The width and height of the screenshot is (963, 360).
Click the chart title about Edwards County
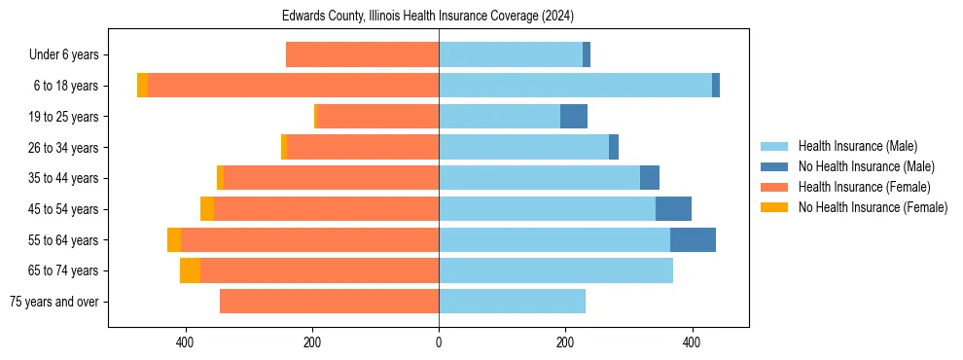tap(428, 17)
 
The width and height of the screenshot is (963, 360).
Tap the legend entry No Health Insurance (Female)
tap(873, 207)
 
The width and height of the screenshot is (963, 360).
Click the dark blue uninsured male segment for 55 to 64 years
tap(693, 239)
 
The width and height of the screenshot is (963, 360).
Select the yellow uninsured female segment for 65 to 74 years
tap(190, 270)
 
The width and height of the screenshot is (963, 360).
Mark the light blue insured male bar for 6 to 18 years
tap(575, 86)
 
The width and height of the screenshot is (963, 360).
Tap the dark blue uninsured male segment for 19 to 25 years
tap(573, 117)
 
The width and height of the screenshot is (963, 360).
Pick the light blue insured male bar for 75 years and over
tap(512, 302)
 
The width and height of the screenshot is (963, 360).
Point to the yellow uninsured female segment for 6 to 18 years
tap(142, 86)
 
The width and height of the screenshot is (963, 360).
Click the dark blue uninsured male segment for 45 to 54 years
tap(673, 209)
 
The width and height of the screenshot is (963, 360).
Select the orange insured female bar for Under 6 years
tap(362, 55)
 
